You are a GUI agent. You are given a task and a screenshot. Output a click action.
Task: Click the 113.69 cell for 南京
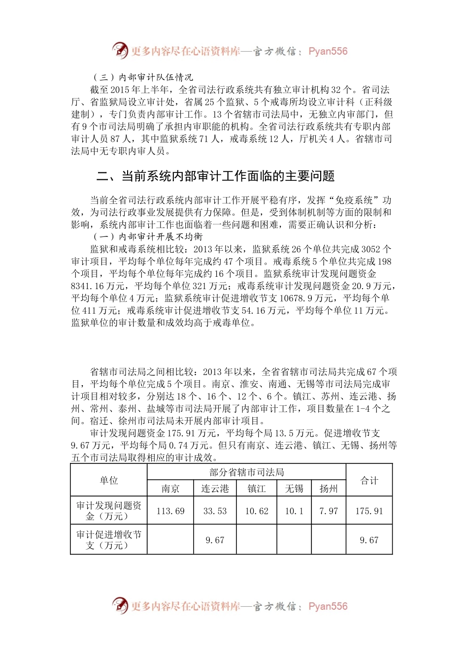point(170,511)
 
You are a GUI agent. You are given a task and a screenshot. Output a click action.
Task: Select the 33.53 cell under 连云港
point(215,511)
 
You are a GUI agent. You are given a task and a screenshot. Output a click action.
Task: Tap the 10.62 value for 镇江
point(257,511)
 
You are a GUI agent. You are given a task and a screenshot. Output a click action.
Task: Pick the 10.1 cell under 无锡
point(294,511)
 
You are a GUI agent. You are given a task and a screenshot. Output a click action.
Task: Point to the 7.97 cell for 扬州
point(329,511)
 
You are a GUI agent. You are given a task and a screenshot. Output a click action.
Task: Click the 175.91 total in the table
point(369,511)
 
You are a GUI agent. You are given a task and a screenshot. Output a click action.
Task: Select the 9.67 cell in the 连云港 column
point(215,540)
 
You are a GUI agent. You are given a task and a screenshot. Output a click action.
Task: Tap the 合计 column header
point(369,481)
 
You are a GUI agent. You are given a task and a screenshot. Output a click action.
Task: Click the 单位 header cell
point(109,481)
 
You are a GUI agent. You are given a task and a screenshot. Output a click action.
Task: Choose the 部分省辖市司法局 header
point(247,472)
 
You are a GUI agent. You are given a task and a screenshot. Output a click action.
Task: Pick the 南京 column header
point(170,489)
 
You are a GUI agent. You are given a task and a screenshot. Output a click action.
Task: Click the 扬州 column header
point(329,489)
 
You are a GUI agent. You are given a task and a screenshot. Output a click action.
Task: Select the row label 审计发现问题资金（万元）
point(109,511)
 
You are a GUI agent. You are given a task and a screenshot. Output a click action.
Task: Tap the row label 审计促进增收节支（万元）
point(109,540)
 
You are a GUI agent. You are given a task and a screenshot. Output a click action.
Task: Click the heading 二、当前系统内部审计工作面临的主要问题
point(216,176)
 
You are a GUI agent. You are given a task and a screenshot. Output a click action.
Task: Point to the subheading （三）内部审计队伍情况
point(143,77)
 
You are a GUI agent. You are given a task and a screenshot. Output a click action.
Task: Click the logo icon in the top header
point(120,50)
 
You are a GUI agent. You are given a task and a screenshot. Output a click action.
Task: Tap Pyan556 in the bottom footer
point(328,606)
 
